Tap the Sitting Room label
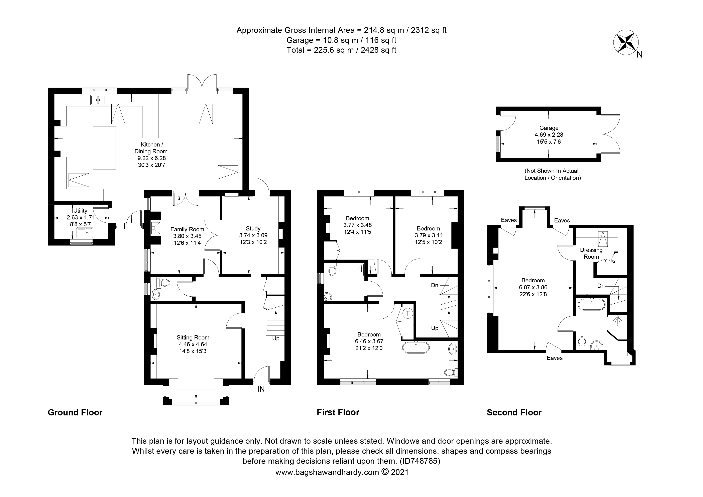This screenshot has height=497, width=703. (193, 337)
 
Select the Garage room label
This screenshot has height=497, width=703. (549, 128)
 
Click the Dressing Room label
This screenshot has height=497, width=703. (591, 253)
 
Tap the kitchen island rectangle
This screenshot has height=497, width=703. (104, 148)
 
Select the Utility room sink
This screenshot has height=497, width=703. (85, 233)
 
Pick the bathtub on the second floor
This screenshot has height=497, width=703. (592, 305)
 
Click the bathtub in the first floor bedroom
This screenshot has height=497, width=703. (416, 347)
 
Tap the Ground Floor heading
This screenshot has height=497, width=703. (75, 412)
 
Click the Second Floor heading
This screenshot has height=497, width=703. (514, 412)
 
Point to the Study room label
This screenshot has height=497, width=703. (253, 228)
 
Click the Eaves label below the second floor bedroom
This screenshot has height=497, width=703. (555, 358)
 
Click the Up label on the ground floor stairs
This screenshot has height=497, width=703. (275, 339)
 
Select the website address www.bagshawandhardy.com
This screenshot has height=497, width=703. (327, 472)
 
